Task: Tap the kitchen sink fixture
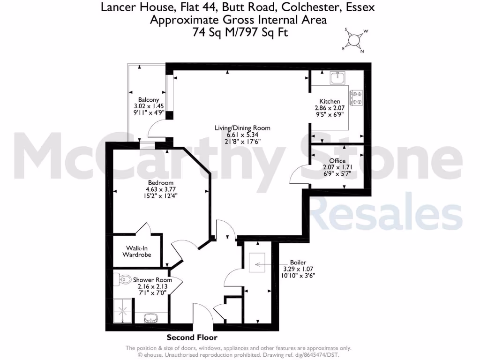coord(337,78)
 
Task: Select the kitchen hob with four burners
coord(357,97)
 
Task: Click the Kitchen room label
coord(330,101)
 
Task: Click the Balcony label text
coord(148,100)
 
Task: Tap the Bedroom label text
coord(161,183)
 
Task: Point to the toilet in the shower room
coord(124,279)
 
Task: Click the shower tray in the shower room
coord(123,310)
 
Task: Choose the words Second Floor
coord(192,337)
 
